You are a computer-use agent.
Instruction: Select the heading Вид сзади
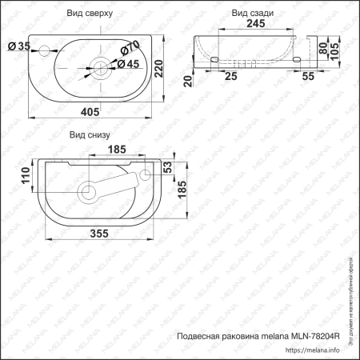pyautogui.click(x=251, y=14)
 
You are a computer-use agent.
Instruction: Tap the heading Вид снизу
pyautogui.click(x=89, y=135)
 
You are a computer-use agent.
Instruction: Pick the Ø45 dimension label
pyautogui.click(x=130, y=65)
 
